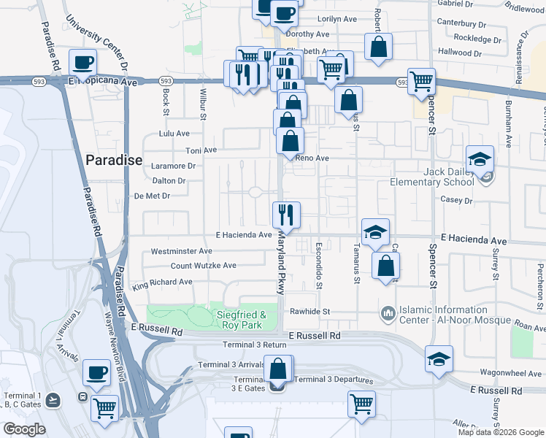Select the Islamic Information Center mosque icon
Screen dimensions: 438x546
point(388,314)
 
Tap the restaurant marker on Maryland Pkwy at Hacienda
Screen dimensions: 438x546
point(285,215)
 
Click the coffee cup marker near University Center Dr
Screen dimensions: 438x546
point(83,63)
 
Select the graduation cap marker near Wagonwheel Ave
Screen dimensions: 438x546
point(439,359)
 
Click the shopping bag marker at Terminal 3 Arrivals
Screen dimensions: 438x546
point(278,369)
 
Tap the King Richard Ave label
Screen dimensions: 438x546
point(162,282)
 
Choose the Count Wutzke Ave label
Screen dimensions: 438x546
point(203,266)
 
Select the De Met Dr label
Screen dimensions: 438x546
point(152,196)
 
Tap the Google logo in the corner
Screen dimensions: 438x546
point(24,429)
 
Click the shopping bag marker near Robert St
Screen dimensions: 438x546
point(379,47)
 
